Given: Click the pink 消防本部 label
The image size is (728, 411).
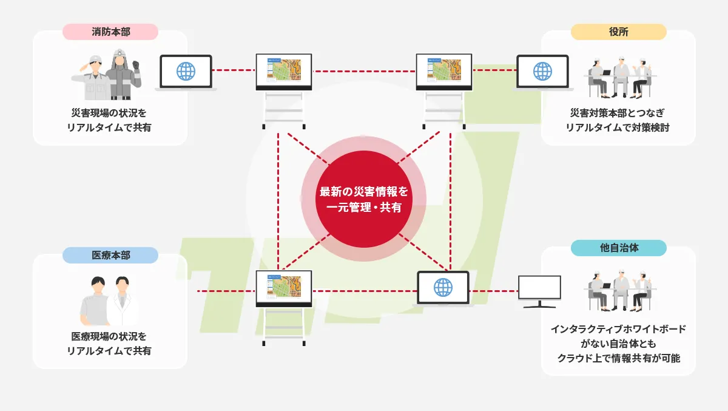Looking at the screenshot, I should coord(110,32).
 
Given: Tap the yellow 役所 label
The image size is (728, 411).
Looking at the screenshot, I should coord(618,32).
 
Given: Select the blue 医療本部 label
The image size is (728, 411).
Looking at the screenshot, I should coord(110,255).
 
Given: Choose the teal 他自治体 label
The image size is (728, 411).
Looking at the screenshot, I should coord(618,248).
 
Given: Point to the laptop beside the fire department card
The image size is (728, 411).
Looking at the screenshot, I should coord(186,72).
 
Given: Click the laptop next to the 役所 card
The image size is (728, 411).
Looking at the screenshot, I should coord(542,72).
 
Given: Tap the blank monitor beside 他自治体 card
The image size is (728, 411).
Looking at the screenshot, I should coord(540,290).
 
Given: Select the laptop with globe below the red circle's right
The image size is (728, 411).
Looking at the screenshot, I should coord(443,288).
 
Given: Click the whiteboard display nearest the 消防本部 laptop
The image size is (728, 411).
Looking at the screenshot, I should coord(284,71).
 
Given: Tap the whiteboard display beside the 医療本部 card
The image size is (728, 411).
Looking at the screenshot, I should coord(284,288).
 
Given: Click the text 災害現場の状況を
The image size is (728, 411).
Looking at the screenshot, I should coord(109,114).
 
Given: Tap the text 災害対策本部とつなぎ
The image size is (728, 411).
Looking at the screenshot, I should coord(618,114).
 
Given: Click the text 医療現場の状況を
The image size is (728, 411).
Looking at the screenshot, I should coord(109,336).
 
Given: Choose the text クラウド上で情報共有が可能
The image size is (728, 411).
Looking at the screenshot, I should coord(618,358).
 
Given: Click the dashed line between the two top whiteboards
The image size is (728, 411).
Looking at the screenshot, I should coord(364,70).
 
